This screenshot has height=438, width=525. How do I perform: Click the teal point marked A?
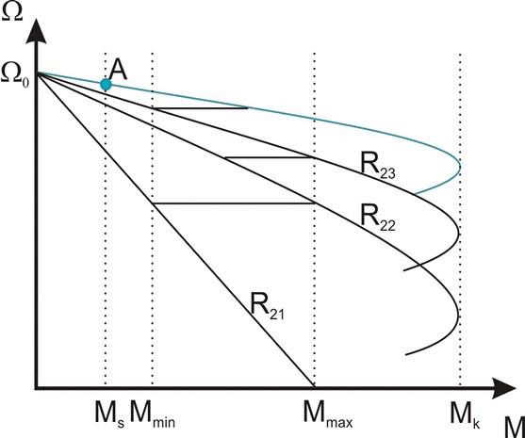point(106,85)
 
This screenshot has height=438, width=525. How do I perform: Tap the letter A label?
point(118,71)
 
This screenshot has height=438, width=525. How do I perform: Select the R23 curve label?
point(378,165)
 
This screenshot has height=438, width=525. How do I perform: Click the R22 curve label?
point(378,219)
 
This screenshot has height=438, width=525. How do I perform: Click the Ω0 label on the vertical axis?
point(15,76)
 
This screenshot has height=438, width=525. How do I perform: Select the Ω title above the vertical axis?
point(12,11)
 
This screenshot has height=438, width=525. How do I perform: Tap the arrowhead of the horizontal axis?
point(503,388)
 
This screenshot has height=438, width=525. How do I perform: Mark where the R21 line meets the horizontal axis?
point(315,387)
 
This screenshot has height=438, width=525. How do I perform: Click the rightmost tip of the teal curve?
point(460,167)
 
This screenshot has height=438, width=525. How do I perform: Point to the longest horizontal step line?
point(234,203)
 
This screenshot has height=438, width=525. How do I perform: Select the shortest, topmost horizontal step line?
point(201,108)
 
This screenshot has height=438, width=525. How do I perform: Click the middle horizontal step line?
point(270,157)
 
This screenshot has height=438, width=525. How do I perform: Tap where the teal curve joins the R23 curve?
point(415,194)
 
